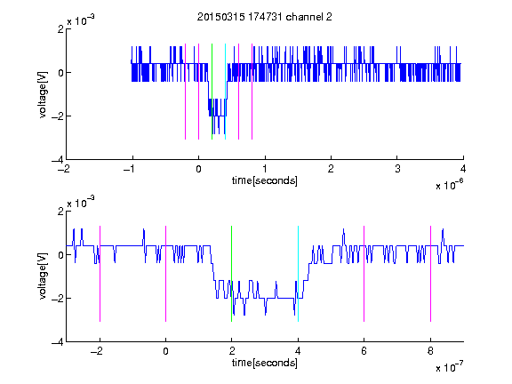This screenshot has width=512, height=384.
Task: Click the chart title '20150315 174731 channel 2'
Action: [x=265, y=17]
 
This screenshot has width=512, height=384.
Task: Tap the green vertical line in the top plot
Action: [x=212, y=92]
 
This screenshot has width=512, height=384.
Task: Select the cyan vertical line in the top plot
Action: [x=225, y=92]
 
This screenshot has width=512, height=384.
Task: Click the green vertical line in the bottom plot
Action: [x=231, y=274]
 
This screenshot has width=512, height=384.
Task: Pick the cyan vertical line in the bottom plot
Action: [x=298, y=274]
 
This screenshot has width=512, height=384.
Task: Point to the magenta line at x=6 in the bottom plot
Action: [x=364, y=274]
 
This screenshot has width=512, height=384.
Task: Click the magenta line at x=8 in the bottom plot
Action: [x=431, y=274]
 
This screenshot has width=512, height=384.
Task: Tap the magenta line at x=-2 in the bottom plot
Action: [x=100, y=274]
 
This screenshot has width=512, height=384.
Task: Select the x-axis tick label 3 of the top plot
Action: [x=397, y=169]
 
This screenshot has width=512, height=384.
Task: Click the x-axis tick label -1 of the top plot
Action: [x=130, y=169]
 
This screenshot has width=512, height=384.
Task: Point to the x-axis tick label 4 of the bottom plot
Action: [x=298, y=351]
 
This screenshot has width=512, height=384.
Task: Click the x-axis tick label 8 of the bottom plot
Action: [x=430, y=351]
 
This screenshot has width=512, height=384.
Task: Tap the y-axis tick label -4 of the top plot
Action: [x=58, y=160]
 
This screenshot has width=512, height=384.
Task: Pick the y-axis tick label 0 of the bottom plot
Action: [x=61, y=255]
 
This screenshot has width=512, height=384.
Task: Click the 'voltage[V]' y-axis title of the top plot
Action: [x=43, y=95]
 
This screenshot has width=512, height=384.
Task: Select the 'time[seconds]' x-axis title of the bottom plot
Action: [x=265, y=363]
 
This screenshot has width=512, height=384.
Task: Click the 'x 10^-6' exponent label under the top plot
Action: [x=449, y=185]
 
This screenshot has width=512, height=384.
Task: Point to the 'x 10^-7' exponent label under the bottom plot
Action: [x=449, y=367]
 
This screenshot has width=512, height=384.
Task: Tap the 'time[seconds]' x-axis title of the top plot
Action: [x=265, y=180]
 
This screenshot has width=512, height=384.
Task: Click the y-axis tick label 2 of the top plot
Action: [x=61, y=29]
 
